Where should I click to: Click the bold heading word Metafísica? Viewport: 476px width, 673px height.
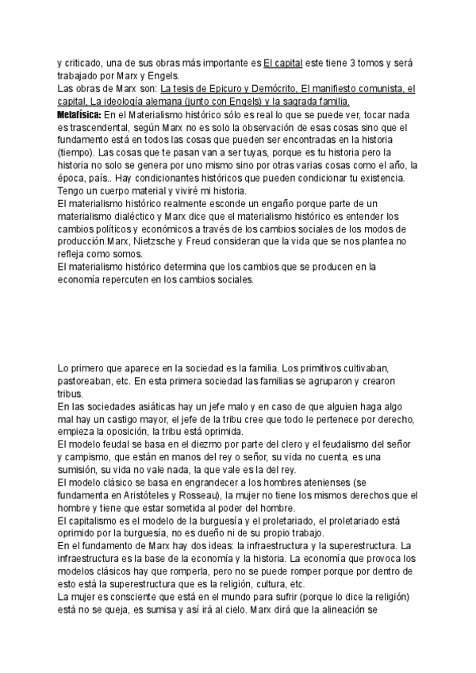79,115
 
